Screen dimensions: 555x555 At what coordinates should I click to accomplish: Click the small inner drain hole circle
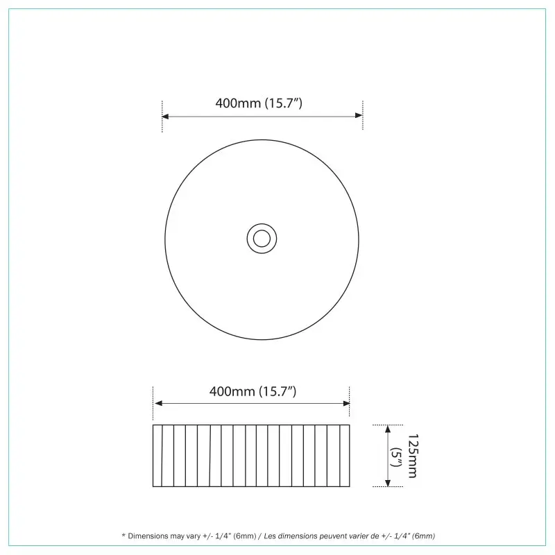[262, 231]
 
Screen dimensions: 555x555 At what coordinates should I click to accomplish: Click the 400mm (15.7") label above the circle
[259, 103]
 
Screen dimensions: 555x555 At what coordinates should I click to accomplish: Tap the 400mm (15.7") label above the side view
[253, 391]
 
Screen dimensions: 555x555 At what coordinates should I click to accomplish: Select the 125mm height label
[413, 456]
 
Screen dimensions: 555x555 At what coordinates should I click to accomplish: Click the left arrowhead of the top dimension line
[165, 116]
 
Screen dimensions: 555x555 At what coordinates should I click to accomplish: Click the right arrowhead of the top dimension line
[359, 115]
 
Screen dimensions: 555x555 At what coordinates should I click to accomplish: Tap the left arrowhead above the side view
[159, 403]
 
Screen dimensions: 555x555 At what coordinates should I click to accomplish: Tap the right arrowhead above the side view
[346, 403]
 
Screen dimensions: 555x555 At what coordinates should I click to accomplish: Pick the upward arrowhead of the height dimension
[388, 429]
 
